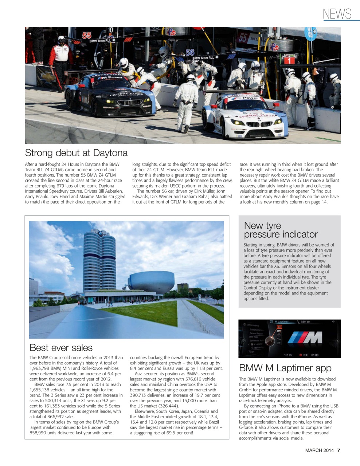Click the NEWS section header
pyautogui.click(x=337, y=14)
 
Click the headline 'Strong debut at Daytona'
pyautogui.click(x=76, y=153)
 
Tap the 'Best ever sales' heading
pyautogui.click(x=61, y=348)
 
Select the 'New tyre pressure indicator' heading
pyautogui.click(x=281, y=230)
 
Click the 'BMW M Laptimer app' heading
pyautogui.click(x=285, y=368)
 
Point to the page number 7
pyautogui.click(x=339, y=450)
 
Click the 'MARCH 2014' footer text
pyautogui.click(x=319, y=450)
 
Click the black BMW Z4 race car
pyautogui.click(x=109, y=95)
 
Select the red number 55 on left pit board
pyautogui.click(x=87, y=35)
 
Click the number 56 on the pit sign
pyautogui.click(x=190, y=52)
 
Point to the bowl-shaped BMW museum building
pyautogui.click(x=151, y=282)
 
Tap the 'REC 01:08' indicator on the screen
pyautogui.click(x=309, y=355)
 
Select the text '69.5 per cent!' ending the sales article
pyautogui.click(x=178, y=433)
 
